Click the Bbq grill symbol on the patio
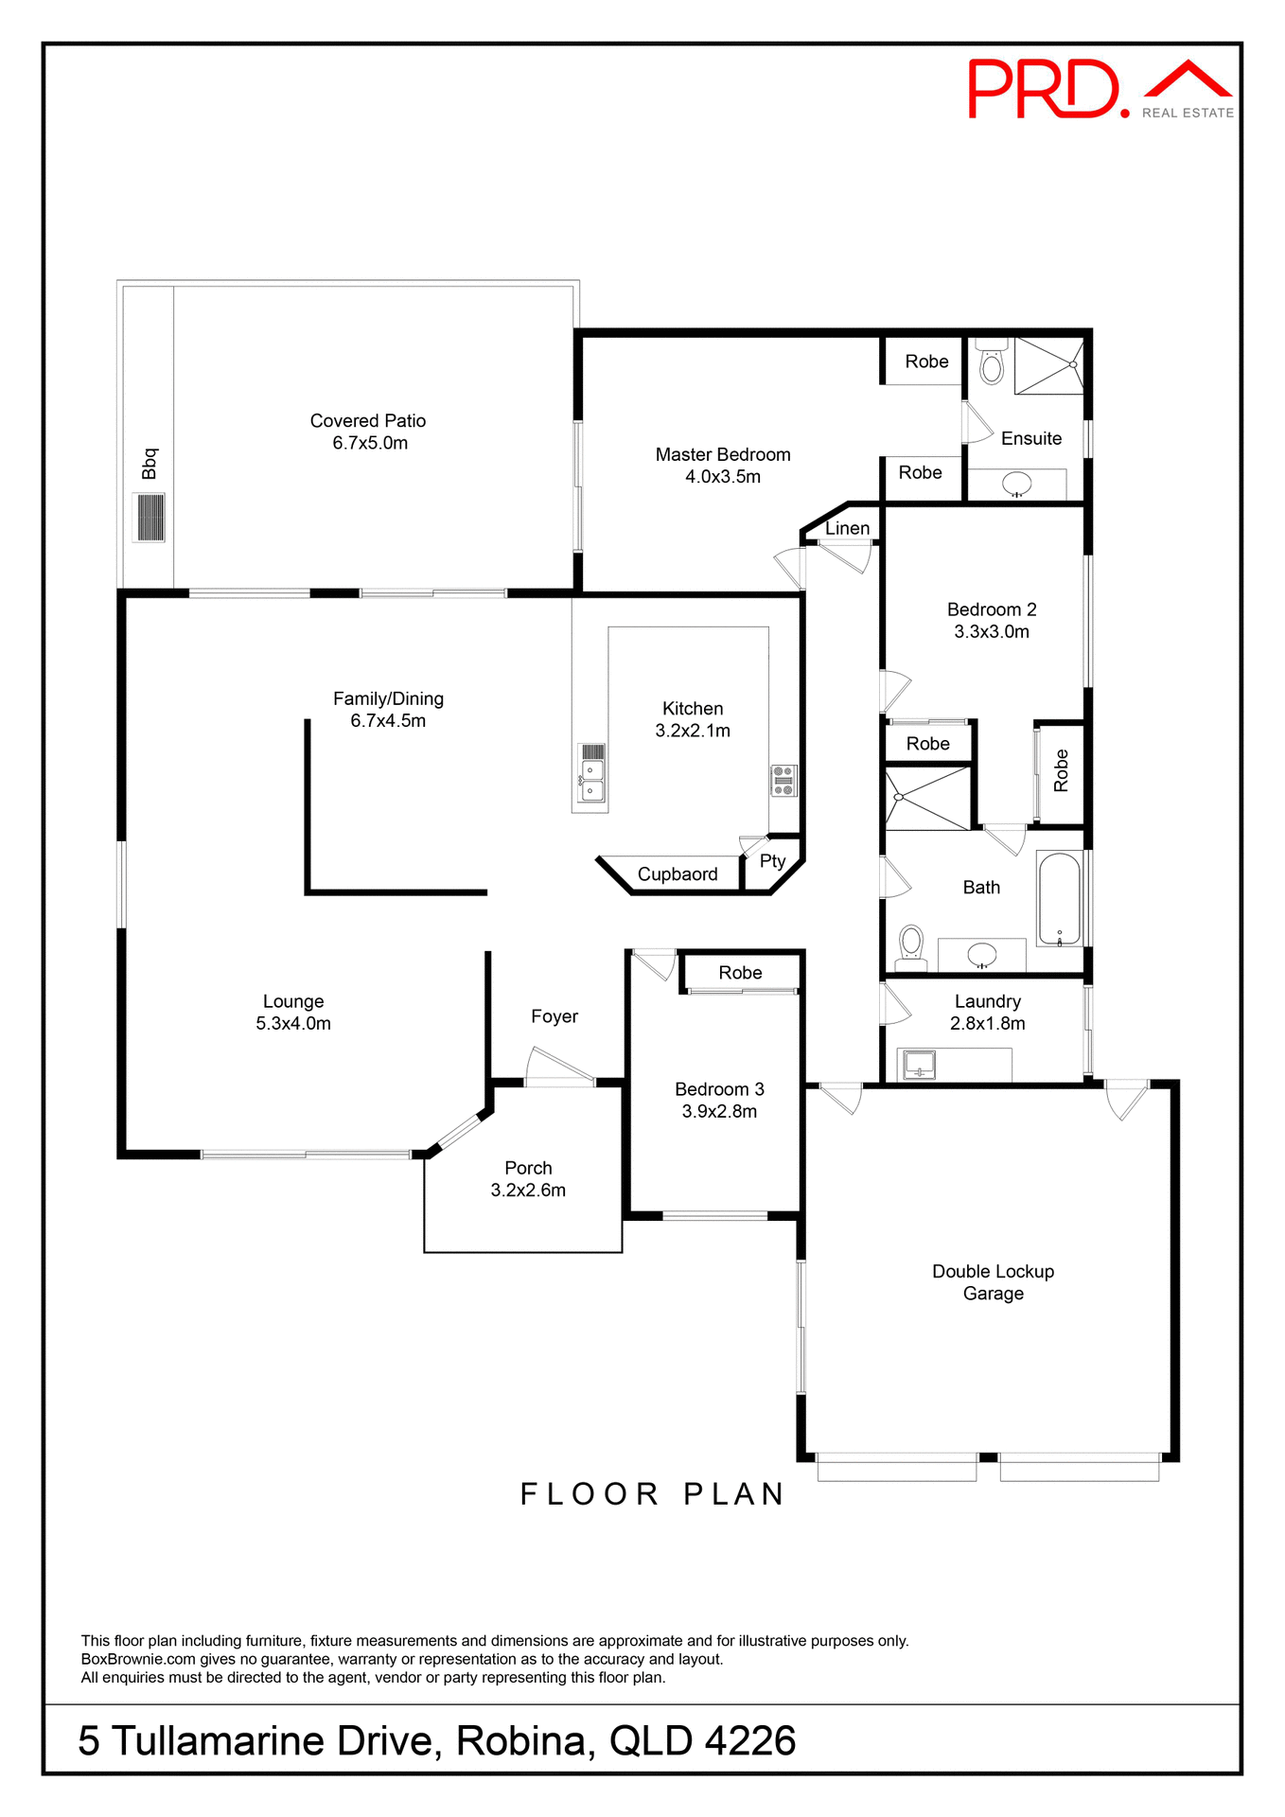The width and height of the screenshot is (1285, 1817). click(x=150, y=517)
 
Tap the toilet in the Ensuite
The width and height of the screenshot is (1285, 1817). click(x=991, y=364)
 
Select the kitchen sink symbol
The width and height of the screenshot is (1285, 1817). click(x=592, y=774)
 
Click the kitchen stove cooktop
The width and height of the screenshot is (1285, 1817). click(x=783, y=781)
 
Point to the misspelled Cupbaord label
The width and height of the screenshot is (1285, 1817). click(x=678, y=874)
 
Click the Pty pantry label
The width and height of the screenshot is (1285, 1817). click(x=772, y=861)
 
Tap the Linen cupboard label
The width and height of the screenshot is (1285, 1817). click(x=847, y=529)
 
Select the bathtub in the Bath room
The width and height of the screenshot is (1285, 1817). click(x=1060, y=899)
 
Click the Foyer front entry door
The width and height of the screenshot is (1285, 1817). click(x=559, y=1067)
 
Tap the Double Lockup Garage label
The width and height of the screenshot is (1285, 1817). click(x=993, y=1282)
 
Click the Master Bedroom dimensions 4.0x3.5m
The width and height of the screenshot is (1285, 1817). click(x=723, y=477)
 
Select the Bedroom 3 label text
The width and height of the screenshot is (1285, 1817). click(x=719, y=1089)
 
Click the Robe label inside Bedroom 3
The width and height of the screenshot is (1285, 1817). click(x=740, y=973)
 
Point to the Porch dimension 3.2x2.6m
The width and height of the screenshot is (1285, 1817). click(x=528, y=1191)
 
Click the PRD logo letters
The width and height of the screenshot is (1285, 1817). click(x=1046, y=90)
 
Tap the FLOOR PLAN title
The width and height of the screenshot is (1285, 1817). click(x=653, y=1493)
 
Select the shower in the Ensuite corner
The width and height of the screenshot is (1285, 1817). click(x=1048, y=365)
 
